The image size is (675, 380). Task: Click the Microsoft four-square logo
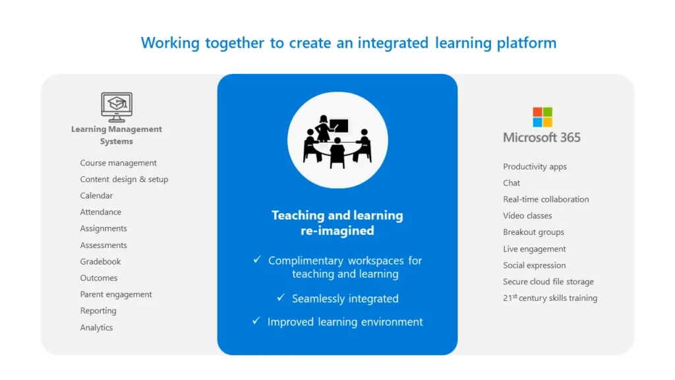click(543, 117)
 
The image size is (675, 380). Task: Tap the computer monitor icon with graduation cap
click(117, 107)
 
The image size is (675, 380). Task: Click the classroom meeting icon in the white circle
click(337, 140)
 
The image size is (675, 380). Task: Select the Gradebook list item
click(100, 261)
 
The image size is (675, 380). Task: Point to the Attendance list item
click(100, 212)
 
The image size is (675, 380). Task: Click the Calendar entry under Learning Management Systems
click(96, 195)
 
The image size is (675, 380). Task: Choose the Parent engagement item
click(116, 294)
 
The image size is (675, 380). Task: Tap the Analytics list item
click(96, 327)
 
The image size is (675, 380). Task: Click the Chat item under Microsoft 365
click(511, 183)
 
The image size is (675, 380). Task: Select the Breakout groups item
click(533, 232)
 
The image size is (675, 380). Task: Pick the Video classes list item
click(527, 216)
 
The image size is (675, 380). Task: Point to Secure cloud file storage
click(548, 282)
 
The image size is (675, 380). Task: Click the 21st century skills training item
click(550, 298)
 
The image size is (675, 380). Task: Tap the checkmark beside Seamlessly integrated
click(281, 298)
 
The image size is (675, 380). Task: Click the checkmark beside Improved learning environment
click(256, 321)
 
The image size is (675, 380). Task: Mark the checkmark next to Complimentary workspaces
click(257, 260)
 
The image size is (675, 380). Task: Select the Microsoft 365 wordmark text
click(542, 137)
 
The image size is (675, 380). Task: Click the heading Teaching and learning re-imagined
click(337, 223)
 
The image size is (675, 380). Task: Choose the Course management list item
click(118, 163)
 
